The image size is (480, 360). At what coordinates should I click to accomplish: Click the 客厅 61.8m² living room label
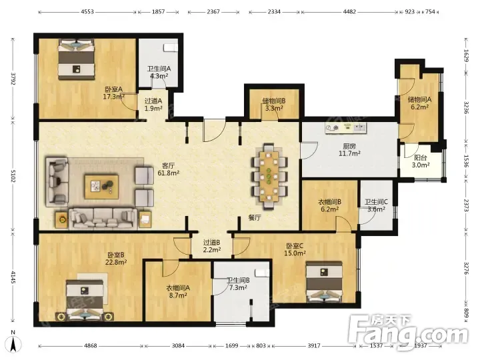pos(169,169)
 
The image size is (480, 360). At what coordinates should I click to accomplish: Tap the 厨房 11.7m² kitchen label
pos(349,150)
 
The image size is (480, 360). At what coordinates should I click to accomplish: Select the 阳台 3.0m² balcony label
pos(420,161)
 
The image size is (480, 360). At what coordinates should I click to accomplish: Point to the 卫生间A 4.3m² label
pos(159,72)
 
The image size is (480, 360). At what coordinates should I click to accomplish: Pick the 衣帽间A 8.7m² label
pos(178,292)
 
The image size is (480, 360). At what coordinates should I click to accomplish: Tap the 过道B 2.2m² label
pos(212,246)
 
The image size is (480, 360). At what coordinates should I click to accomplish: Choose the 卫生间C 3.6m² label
pos(376,206)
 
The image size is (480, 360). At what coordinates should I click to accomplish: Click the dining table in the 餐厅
pos(269,176)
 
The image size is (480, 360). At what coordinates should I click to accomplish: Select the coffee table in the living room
pos(101,187)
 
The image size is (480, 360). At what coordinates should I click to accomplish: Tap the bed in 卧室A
pos(76,59)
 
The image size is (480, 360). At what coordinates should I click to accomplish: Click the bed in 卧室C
pos(324,282)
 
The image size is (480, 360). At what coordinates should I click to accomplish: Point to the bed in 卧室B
pos(85,300)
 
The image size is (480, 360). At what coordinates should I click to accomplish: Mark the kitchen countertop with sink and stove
pos(346,129)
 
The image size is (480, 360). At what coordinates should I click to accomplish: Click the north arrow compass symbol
pos(13,341)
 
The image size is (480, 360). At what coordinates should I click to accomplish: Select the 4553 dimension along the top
pos(87,12)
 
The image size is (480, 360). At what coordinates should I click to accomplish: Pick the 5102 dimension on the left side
pos(13,175)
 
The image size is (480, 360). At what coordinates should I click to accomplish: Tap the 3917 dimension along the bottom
pos(314,345)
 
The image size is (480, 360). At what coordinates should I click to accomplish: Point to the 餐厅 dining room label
pos(255,217)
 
